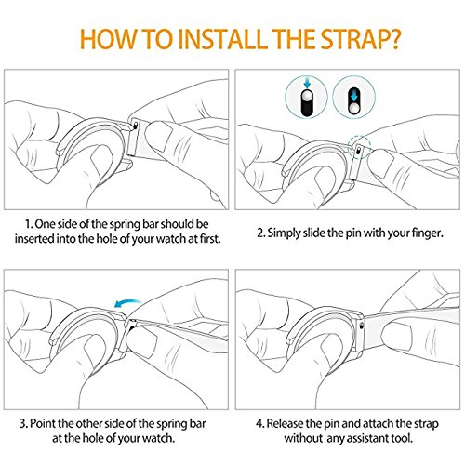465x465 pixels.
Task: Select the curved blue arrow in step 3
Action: [127, 303]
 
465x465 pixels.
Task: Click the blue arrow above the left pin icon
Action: [307, 83]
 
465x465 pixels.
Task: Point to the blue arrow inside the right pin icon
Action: [353, 97]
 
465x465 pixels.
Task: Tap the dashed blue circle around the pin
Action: [359, 146]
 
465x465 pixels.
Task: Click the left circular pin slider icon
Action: [307, 97]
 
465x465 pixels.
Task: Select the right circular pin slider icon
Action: [353, 97]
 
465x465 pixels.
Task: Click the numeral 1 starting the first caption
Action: [28, 224]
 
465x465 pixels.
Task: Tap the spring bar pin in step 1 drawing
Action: [136, 125]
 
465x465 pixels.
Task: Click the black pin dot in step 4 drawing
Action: [362, 325]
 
